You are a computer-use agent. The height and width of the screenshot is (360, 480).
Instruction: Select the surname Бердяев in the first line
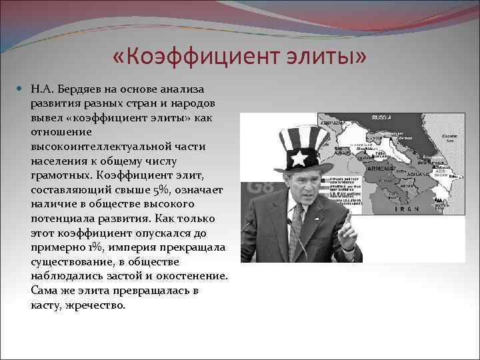tap(81, 89)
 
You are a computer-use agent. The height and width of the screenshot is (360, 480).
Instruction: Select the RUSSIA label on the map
tap(381, 117)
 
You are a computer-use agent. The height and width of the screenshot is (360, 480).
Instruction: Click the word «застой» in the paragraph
tap(133, 276)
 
